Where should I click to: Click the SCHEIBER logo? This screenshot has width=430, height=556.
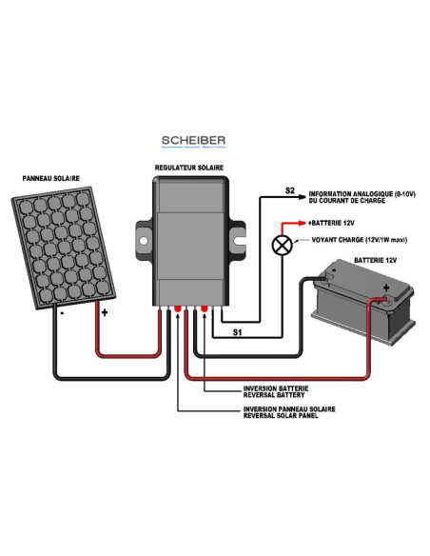(x=194, y=141)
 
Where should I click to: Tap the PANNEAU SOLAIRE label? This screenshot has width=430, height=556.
(x=51, y=178)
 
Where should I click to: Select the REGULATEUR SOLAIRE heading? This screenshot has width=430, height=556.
(x=188, y=168)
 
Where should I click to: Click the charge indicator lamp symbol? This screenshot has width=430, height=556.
(x=282, y=243)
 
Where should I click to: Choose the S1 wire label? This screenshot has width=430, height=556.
(x=238, y=331)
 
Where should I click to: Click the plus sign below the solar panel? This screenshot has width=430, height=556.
(x=105, y=311)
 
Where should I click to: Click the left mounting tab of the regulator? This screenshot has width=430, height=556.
(x=142, y=234)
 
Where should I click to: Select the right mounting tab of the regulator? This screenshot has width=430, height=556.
(x=238, y=234)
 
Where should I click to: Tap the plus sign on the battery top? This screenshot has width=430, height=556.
(x=385, y=285)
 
